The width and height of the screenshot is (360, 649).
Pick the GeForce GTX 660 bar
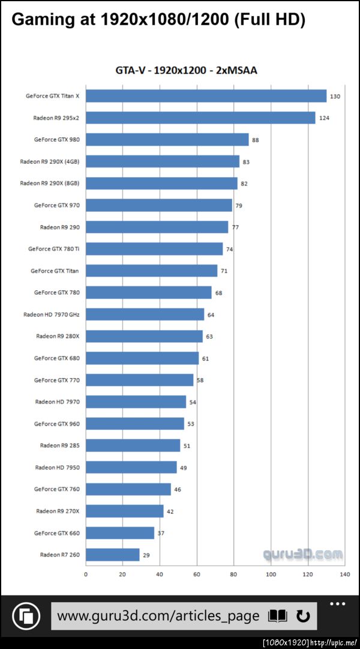tap(120, 533)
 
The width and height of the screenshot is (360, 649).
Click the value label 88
tap(256, 140)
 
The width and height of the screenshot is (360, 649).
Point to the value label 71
tap(224, 271)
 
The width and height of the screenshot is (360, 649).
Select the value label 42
tap(170, 512)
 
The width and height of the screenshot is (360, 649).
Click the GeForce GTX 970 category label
tap(56, 205)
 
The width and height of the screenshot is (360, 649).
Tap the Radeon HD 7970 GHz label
tap(51, 315)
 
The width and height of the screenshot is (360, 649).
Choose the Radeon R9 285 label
tap(59, 445)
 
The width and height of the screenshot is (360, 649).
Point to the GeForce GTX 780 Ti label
tap(53, 249)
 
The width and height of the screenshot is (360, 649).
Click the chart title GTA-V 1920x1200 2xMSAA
tap(186, 71)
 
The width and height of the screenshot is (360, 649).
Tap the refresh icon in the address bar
tap(303, 616)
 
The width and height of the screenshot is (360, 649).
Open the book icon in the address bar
tap(278, 616)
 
